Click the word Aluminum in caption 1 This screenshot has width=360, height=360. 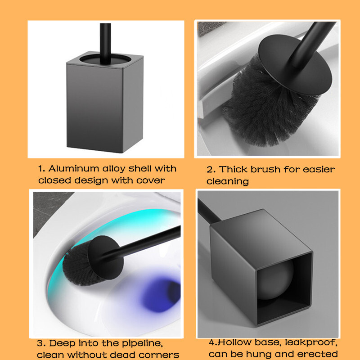coord(73,168)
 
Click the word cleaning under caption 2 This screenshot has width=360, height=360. coord(228,181)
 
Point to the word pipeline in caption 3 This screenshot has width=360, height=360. coord(142,343)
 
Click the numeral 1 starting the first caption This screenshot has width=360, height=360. coord(41,169)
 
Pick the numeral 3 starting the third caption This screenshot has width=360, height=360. coord(40,343)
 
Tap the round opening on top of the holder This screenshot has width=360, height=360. coord(105,59)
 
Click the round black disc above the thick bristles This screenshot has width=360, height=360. coord(295,65)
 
